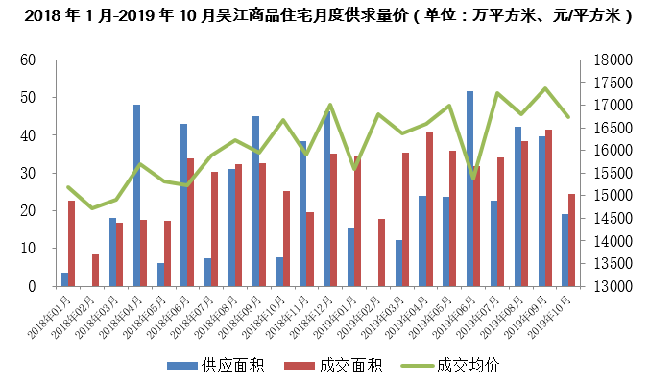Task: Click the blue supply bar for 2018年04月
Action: click(136, 196)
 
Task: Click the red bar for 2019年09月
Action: click(548, 208)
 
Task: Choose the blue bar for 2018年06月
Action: click(183, 205)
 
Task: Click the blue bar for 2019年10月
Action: click(565, 250)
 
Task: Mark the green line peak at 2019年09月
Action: click(545, 88)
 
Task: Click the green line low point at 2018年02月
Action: click(92, 208)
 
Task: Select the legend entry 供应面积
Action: click(217, 366)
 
